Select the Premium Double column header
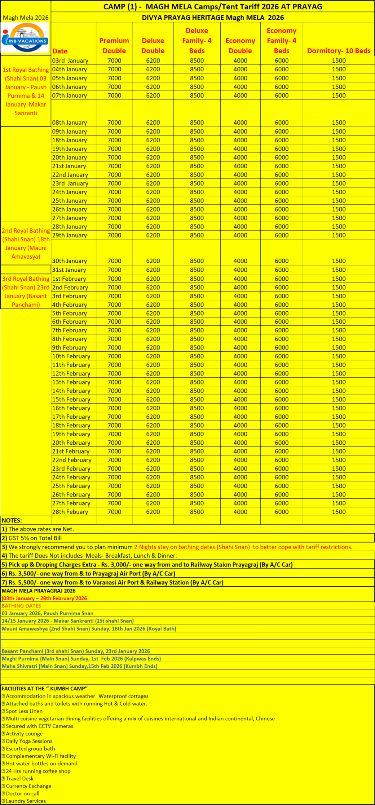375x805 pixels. [x=114, y=46]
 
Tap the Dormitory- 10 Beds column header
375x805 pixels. [x=339, y=51]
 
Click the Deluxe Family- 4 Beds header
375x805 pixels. [x=197, y=41]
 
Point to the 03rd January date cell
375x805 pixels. [x=70, y=61]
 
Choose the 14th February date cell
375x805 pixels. [x=71, y=391]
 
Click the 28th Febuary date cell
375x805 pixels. [x=70, y=512]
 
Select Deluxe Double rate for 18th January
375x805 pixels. [x=153, y=140]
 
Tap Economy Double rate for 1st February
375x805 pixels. [x=240, y=279]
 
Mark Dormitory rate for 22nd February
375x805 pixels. [x=339, y=460]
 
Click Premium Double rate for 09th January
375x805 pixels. [x=114, y=132]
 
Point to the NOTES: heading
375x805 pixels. [x=12, y=521]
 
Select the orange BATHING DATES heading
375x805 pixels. [x=21, y=606]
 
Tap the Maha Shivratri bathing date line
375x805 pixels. [x=79, y=666]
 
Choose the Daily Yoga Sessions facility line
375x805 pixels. [x=29, y=741]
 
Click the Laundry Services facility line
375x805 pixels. [x=26, y=801]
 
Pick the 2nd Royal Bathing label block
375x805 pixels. [x=26, y=244]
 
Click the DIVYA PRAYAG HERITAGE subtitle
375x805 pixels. [x=213, y=18]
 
